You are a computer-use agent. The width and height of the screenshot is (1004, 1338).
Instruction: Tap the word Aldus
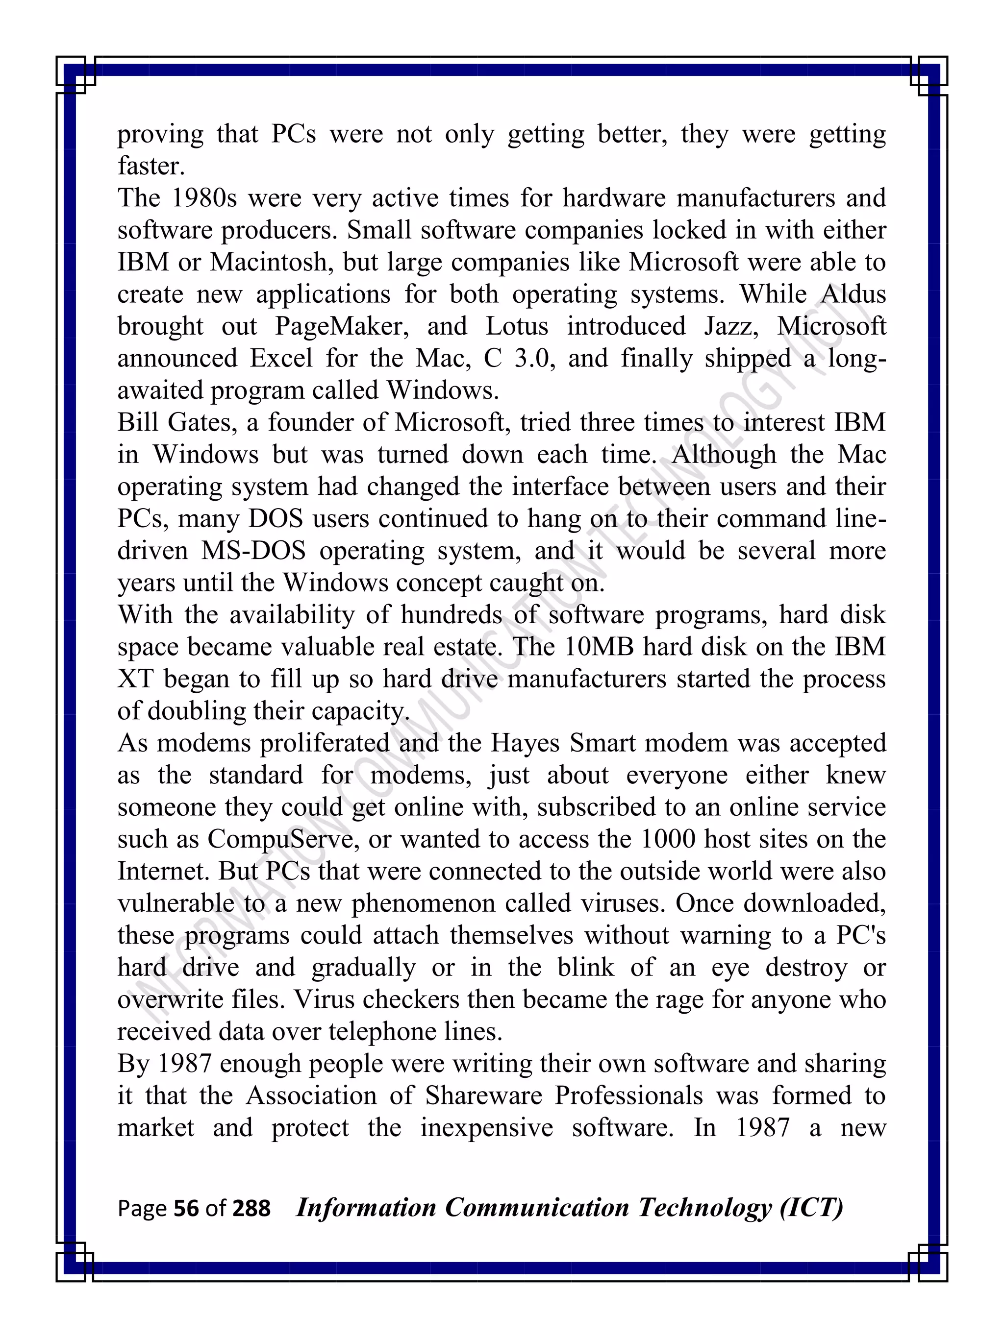click(x=853, y=294)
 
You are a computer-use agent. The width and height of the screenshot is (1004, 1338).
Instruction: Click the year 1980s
click(x=204, y=198)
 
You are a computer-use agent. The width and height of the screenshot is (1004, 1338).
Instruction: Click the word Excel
click(x=281, y=359)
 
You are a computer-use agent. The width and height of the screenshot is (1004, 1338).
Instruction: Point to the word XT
click(x=136, y=679)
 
